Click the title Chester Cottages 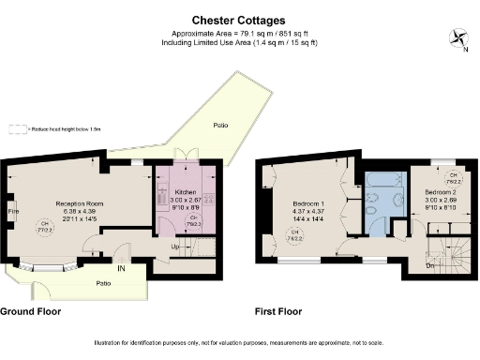(x=238, y=18)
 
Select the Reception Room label (x=78, y=203)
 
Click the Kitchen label (x=185, y=192)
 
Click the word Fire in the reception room (x=13, y=211)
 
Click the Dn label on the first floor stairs (x=430, y=264)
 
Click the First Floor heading (x=281, y=310)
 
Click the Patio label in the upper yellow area (x=220, y=125)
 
